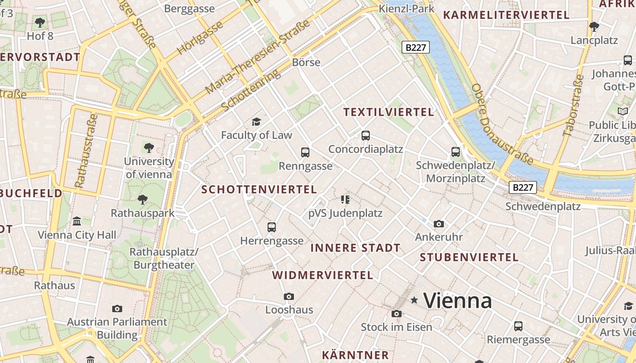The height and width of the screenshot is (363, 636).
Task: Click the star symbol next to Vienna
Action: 414,300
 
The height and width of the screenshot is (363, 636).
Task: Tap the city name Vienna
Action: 457,300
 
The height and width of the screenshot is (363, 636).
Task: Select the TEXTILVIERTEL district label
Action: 388,112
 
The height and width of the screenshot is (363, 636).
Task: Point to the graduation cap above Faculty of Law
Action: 257,122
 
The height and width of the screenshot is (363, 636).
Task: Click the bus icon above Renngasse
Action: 305,152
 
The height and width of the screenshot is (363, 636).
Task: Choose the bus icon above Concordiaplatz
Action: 365,135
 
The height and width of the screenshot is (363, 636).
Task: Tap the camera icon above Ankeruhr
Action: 438,224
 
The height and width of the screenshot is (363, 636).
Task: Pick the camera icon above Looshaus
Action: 288,296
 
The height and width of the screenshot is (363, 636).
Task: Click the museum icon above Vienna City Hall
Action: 77,221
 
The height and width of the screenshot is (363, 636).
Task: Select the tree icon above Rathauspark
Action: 143,199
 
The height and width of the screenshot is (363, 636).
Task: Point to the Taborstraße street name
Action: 573,105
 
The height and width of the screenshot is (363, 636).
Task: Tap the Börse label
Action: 306,62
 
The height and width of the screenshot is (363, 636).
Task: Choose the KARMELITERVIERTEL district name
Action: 506,15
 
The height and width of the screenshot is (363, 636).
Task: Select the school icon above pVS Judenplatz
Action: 345,199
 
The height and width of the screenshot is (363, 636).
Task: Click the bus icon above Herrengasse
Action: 272,227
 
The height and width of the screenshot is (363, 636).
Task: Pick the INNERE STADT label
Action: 355,248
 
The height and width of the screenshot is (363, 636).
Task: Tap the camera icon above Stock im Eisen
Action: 396,314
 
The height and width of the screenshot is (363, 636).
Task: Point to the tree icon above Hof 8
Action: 40,22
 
